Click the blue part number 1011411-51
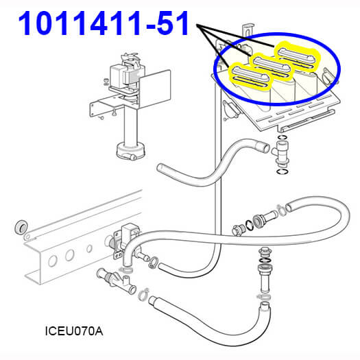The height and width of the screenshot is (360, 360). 103,23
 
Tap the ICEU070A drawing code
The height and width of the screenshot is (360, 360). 74,331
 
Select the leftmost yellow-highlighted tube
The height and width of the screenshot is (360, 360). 250,75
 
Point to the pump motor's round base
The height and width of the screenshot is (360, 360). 131,151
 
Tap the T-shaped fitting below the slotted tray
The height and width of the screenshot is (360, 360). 281,153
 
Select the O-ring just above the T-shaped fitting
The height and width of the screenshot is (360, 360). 283,137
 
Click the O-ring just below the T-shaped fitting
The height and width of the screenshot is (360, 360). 283,171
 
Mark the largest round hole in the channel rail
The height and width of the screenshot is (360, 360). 53,261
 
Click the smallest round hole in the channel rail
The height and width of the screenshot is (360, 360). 89,248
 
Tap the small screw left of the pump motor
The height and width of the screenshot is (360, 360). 106,82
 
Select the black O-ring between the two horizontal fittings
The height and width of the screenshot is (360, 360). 249,225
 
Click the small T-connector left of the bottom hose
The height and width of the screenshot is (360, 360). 117,280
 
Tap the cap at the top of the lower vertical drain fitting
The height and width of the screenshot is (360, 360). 265,252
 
